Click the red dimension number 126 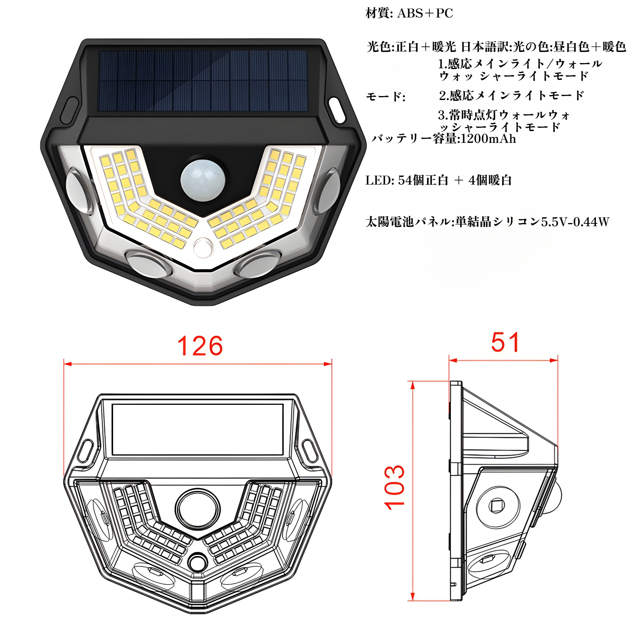click(x=200, y=346)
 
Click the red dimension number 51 click(x=505, y=342)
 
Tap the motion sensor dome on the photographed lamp click(x=203, y=180)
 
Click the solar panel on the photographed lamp click(x=203, y=81)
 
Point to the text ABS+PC click(x=425, y=13)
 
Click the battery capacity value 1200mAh click(x=488, y=139)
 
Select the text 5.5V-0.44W click(x=575, y=221)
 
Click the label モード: click(x=385, y=96)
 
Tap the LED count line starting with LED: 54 click(x=439, y=180)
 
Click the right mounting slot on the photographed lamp click(x=337, y=110)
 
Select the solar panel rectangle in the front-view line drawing click(x=198, y=430)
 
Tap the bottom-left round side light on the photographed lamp click(x=148, y=262)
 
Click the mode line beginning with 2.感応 click(x=512, y=95)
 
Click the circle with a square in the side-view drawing click(x=498, y=506)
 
